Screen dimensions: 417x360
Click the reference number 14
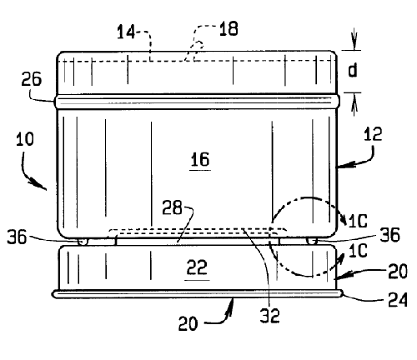tap(126, 32)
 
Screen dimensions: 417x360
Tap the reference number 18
tap(229, 28)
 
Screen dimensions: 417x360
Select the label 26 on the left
tap(32, 79)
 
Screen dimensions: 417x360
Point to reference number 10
tap(25, 139)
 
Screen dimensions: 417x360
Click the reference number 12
tap(373, 133)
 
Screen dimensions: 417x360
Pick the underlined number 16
tap(200, 160)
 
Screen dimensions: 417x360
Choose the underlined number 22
tap(197, 267)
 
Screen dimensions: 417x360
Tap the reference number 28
tap(172, 207)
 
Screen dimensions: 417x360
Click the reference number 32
tap(269, 316)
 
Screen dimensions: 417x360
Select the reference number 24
tap(398, 299)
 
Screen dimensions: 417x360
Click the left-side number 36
tap(17, 237)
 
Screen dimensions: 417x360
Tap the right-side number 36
tap(390, 235)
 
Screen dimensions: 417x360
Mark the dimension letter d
tap(353, 70)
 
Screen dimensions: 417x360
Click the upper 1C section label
tap(358, 221)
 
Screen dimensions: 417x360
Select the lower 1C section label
tap(358, 251)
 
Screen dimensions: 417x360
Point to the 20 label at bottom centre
tap(188, 323)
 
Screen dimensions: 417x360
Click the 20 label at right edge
tap(398, 271)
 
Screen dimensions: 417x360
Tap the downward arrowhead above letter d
tap(354, 45)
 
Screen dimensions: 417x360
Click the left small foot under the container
tap(83, 242)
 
